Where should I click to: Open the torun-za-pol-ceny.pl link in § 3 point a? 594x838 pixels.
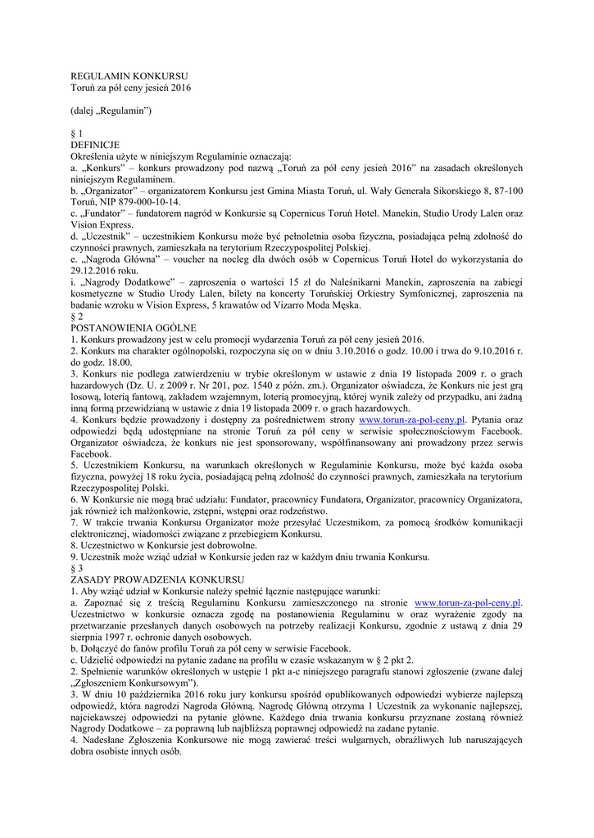coord(469,602)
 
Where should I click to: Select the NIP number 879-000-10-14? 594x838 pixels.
coord(148,201)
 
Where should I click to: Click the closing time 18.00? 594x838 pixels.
coord(117,362)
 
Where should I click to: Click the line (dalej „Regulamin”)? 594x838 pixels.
coord(111,110)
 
